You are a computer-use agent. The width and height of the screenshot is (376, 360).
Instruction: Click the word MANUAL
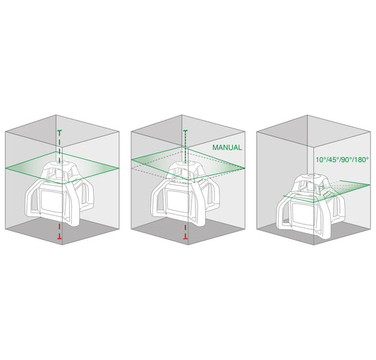(x=227, y=148)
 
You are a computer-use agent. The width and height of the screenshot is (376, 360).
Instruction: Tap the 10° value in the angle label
(x=320, y=160)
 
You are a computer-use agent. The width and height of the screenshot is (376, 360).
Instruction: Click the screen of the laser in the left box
(x=51, y=200)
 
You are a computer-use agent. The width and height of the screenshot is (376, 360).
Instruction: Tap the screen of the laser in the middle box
(x=178, y=200)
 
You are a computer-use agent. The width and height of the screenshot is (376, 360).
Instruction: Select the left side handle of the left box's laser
(x=31, y=200)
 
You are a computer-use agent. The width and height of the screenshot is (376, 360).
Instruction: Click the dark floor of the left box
(x=62, y=231)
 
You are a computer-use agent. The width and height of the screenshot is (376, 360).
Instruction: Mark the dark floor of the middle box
(x=188, y=231)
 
